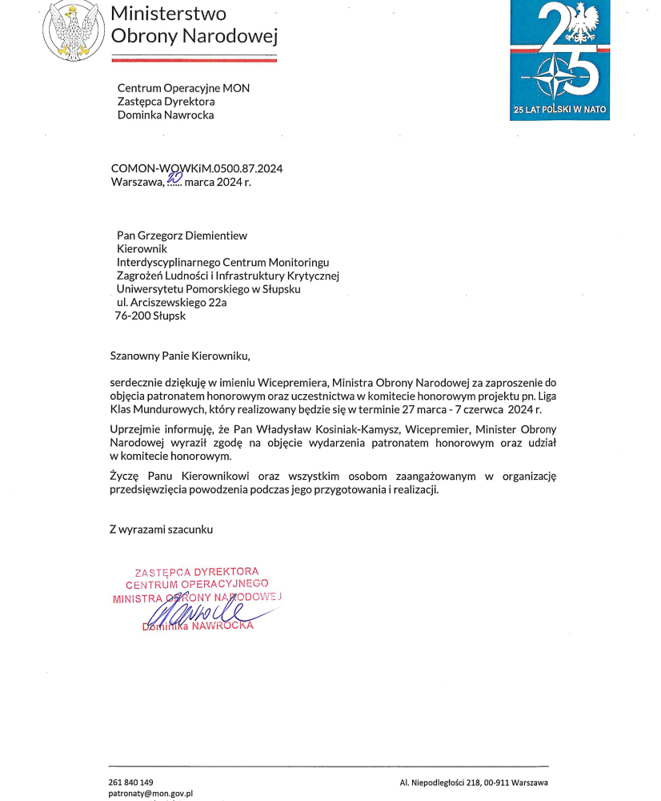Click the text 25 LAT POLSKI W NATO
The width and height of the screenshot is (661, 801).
(x=559, y=109)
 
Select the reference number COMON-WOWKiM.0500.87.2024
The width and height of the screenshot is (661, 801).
(x=196, y=168)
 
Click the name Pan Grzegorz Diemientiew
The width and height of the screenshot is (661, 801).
(x=182, y=235)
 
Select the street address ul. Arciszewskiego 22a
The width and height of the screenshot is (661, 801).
(x=171, y=302)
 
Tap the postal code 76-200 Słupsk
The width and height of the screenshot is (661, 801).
(x=150, y=316)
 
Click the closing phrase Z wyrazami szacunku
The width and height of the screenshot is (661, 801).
(x=162, y=529)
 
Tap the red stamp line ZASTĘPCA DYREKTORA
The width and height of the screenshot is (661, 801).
(x=197, y=572)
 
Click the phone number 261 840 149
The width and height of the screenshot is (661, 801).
(x=130, y=782)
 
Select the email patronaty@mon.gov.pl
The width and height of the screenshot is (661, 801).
(x=151, y=794)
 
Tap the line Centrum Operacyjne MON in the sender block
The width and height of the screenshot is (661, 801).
(x=183, y=88)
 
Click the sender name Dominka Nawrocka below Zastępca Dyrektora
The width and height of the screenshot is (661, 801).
(x=166, y=115)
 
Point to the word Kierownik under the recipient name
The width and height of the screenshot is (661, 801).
(x=142, y=249)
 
